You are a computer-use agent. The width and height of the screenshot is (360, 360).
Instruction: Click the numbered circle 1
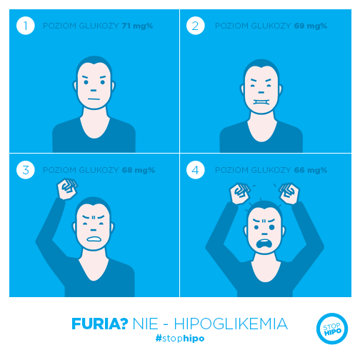[26, 26]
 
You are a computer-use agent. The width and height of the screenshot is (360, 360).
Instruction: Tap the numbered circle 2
[195, 26]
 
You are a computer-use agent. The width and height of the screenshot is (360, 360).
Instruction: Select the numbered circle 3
[26, 170]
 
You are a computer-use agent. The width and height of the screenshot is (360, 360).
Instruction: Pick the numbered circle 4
[195, 170]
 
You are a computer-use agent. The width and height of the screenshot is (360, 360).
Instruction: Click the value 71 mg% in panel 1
[137, 26]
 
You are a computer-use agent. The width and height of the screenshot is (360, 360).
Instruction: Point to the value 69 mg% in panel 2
[311, 26]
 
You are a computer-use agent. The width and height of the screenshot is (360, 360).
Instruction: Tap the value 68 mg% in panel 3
[139, 170]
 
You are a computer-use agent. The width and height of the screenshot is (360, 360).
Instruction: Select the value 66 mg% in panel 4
[311, 170]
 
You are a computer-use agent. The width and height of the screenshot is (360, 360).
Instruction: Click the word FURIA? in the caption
[100, 324]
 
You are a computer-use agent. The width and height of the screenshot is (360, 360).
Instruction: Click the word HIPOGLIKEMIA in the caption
[231, 324]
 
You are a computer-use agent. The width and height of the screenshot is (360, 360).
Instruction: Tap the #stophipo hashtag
[180, 339]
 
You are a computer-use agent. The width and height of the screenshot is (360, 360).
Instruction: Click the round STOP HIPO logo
[332, 329]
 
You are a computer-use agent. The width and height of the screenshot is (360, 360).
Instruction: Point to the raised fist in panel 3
[67, 189]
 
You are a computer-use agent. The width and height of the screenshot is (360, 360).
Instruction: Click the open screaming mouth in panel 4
[263, 244]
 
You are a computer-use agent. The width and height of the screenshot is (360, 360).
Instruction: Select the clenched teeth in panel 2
[261, 102]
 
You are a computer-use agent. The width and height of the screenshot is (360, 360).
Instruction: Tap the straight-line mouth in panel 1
[94, 99]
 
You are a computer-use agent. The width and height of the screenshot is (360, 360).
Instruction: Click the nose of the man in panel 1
[94, 91]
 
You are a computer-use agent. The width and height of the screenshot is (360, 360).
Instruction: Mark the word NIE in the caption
[145, 324]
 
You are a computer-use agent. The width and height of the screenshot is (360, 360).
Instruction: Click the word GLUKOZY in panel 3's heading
[99, 170]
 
